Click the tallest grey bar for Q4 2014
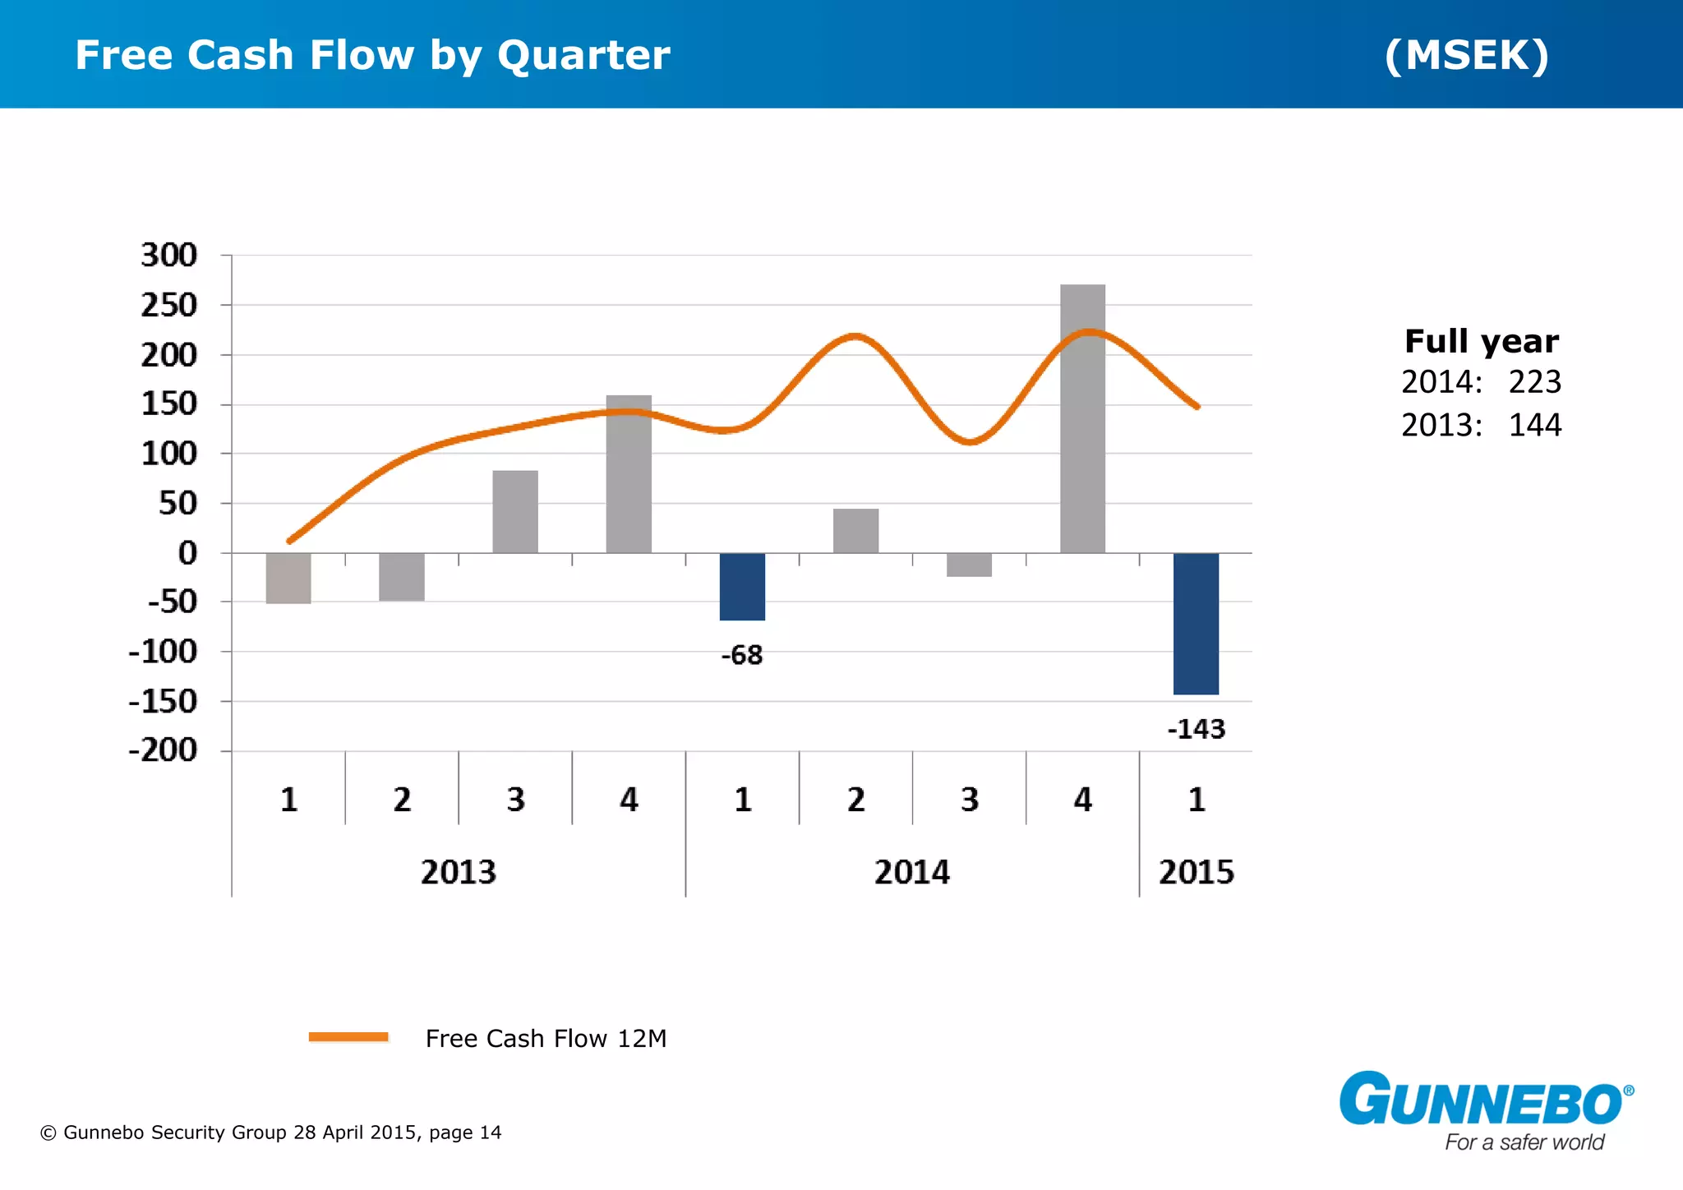(1082, 419)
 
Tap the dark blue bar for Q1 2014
(742, 586)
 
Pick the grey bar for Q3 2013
(515, 511)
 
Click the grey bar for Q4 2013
(629, 474)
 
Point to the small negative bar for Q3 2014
(969, 565)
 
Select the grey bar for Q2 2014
(855, 531)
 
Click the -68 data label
(742, 655)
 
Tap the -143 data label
(1196, 729)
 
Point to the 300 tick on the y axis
(169, 256)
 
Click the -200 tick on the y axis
(163, 750)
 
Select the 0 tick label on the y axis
(187, 553)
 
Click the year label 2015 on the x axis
(1196, 872)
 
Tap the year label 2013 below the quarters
(459, 872)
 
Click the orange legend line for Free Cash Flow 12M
(348, 1037)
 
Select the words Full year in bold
(1481, 341)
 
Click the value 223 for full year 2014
(1534, 382)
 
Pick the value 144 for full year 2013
(1534, 425)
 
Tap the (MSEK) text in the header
(1467, 55)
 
